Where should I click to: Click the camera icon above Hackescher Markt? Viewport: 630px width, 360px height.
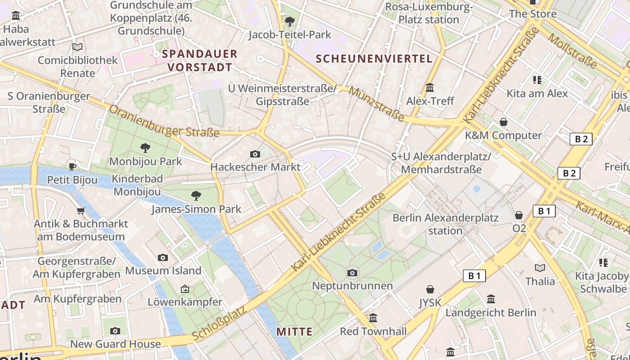[x=255, y=154]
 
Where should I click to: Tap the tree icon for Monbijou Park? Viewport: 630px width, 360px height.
[x=145, y=148]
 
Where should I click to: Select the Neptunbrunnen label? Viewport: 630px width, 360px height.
[x=352, y=286]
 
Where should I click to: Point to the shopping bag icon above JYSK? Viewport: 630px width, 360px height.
[x=430, y=289]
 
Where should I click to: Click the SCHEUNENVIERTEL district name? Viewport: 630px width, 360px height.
[x=374, y=58]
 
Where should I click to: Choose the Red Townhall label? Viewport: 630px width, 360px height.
[x=373, y=332]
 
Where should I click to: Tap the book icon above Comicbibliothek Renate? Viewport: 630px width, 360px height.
[x=77, y=47]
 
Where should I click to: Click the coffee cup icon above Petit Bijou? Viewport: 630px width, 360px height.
[x=72, y=166]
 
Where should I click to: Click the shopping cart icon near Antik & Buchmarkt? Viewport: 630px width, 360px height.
[x=81, y=210]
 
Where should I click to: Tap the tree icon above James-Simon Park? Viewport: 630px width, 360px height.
[x=196, y=195]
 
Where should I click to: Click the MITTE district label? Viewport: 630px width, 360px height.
[x=294, y=332]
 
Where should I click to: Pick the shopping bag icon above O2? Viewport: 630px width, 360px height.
[x=519, y=215]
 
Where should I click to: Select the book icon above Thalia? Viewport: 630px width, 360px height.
[x=540, y=268]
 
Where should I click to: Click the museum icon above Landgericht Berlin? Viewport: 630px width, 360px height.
[x=491, y=299]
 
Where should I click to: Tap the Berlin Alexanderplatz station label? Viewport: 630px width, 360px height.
[x=445, y=224]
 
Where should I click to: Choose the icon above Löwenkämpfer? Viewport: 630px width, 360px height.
[x=184, y=289]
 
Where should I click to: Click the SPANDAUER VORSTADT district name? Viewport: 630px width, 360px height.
[x=199, y=61]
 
